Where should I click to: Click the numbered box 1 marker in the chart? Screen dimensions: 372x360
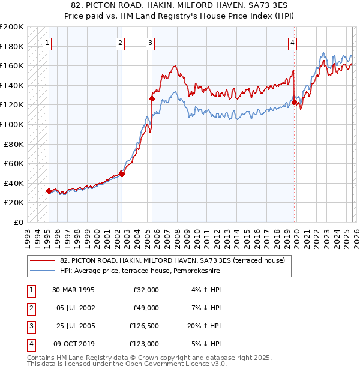point(47,43)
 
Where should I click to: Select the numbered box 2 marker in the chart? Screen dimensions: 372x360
point(121,43)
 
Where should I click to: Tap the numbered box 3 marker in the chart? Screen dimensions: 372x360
point(150,43)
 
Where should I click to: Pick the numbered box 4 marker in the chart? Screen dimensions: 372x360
point(292,43)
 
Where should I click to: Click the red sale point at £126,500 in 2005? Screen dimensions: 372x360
point(152,98)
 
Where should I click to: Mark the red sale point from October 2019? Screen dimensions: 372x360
point(295,103)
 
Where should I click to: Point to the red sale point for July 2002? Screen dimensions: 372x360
point(122,174)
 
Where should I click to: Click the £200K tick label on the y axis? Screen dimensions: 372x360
point(12,27)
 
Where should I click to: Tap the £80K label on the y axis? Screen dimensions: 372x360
point(14,144)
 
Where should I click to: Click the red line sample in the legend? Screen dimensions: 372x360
point(42,260)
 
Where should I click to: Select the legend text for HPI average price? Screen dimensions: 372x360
point(140,271)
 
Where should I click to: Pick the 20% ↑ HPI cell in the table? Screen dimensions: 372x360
point(203,326)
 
